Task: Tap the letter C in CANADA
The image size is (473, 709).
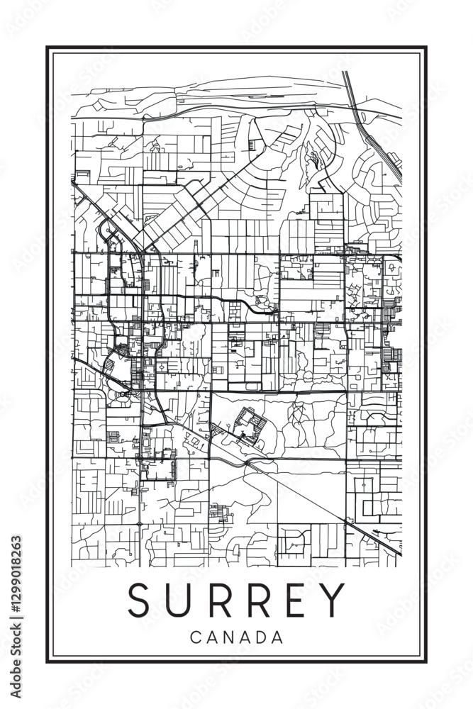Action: [x=195, y=637]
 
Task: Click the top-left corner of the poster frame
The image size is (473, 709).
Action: [x=48, y=48]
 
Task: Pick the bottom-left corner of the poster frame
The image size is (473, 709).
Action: [x=48, y=662]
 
